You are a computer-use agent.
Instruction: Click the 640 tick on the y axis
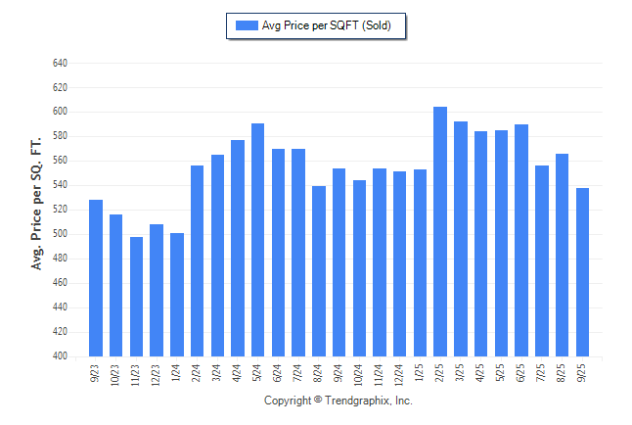(60, 63)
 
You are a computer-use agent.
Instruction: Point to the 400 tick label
(60, 356)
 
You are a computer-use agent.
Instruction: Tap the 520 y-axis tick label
(60, 210)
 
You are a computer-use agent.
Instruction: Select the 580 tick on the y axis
(60, 136)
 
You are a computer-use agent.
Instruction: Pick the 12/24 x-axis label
(399, 374)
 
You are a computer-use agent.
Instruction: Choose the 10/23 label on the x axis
(115, 374)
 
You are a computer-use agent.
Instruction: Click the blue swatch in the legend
(246, 25)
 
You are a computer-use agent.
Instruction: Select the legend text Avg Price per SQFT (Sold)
(327, 25)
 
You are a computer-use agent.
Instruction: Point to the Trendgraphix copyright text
(339, 401)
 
